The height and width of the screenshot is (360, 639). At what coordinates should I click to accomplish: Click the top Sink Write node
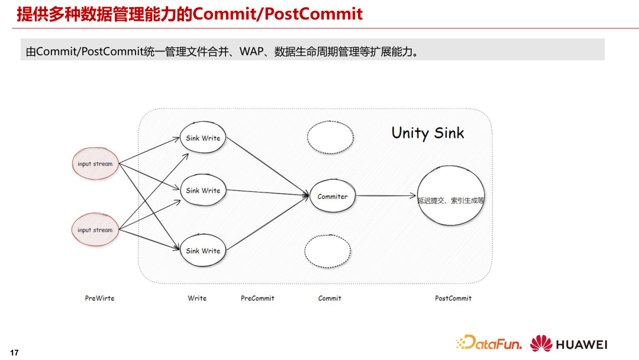click(203, 138)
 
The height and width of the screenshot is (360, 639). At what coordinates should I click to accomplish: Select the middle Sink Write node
click(203, 191)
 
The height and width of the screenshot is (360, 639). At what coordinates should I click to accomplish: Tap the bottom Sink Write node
click(203, 250)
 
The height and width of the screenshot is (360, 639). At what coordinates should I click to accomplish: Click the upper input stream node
click(95, 163)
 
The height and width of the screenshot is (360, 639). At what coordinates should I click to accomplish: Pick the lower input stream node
click(95, 230)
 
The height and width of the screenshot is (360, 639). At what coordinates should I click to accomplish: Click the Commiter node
click(333, 197)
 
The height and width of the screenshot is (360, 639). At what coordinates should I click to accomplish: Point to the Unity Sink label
click(428, 133)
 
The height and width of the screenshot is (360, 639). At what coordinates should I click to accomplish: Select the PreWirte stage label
click(99, 298)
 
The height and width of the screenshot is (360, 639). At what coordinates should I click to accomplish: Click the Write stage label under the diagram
click(197, 298)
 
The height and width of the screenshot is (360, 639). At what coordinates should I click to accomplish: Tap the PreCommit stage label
click(257, 298)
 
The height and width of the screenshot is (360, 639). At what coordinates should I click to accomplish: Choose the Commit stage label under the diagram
click(330, 298)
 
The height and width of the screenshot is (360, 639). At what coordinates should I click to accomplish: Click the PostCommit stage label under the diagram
click(453, 298)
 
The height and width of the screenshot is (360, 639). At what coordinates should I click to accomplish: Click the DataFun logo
click(489, 343)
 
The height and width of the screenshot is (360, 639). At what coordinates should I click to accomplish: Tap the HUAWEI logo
click(569, 343)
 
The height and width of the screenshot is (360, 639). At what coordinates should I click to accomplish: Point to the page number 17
click(15, 353)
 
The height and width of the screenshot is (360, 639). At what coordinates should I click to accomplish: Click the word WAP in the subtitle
click(251, 51)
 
